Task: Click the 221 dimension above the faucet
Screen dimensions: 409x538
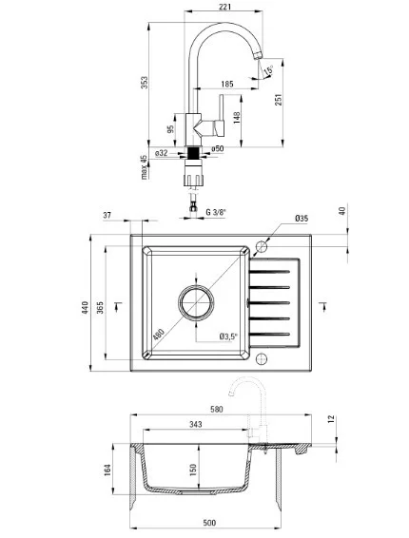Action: coord(224,7)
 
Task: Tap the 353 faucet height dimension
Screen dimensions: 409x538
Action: coord(145,83)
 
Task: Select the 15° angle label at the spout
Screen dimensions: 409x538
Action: coord(268,70)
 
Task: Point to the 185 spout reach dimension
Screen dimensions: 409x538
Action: coord(227,84)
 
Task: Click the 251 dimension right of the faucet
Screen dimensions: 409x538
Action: coord(278,100)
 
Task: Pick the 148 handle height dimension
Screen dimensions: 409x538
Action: coord(237,117)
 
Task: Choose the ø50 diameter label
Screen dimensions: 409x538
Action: coord(218,148)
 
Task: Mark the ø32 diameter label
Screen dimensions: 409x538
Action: coord(161,153)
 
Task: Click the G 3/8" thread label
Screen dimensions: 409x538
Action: coord(216,212)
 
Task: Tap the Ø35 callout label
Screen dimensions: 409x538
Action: coord(302,219)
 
